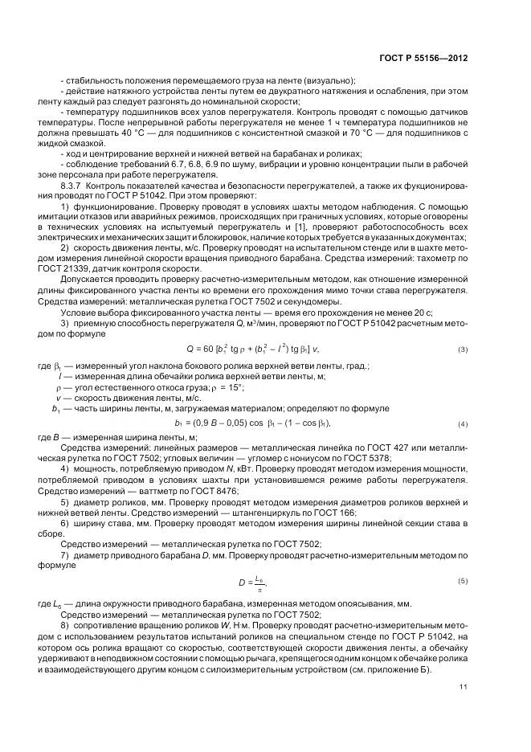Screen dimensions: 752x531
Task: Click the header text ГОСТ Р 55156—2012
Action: click(x=423, y=58)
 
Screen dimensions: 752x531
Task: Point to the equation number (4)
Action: click(x=463, y=423)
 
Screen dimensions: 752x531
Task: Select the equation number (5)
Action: click(x=463, y=580)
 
